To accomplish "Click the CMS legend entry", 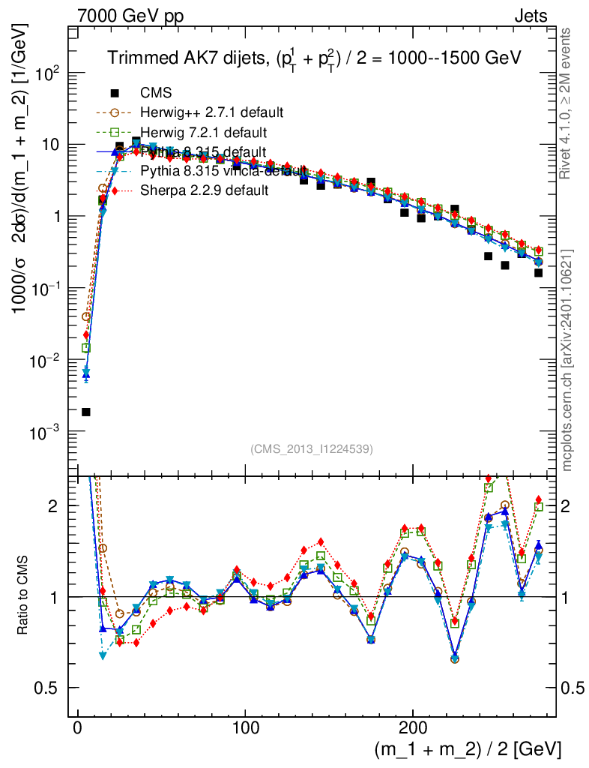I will click(x=156, y=94).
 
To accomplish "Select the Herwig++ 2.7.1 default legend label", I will click(x=211, y=113).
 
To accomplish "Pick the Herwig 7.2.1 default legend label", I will click(x=204, y=133).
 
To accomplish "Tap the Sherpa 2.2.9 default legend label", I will click(x=205, y=190).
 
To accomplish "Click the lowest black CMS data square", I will click(x=86, y=412).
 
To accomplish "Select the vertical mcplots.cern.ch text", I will click(x=567, y=360).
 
